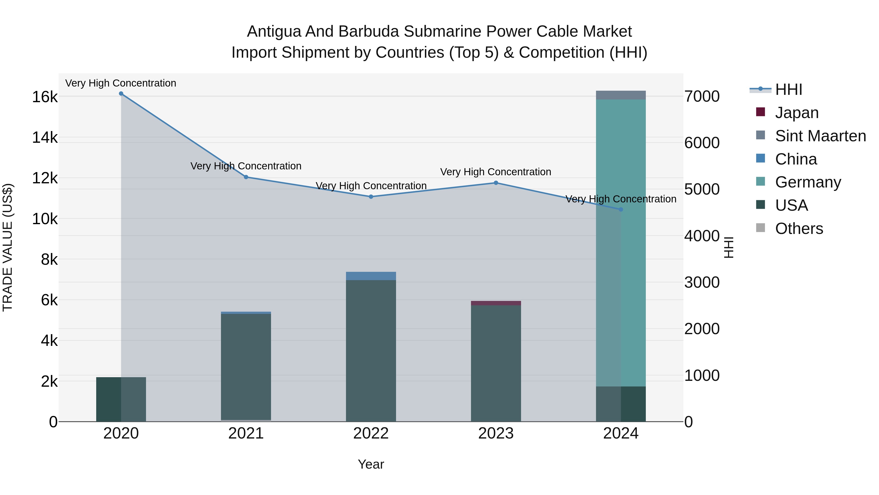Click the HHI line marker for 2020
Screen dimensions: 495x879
tap(121, 94)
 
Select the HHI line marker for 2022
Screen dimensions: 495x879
tap(371, 197)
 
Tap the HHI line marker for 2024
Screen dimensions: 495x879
tap(621, 210)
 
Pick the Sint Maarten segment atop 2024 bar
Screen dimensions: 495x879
tap(621, 95)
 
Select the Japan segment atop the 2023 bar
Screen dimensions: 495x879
tap(496, 303)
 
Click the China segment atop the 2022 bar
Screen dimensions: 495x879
tap(371, 276)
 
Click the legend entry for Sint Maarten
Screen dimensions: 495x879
tap(820, 136)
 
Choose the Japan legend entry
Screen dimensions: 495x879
tap(796, 113)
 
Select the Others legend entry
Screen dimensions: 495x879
tap(799, 229)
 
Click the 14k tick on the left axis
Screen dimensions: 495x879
tap(45, 138)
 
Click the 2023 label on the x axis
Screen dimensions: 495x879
tap(496, 433)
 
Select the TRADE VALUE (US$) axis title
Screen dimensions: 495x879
tap(8, 247)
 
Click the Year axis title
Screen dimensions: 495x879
tap(371, 464)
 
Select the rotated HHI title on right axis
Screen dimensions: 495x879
tap(729, 247)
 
